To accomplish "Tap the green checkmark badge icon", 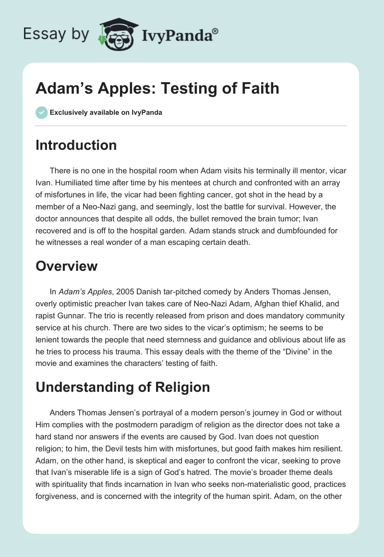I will (x=41, y=112).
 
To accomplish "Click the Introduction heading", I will (x=76, y=145).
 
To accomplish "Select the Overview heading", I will (x=67, y=266).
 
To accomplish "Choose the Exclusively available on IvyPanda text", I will (x=106, y=113).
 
